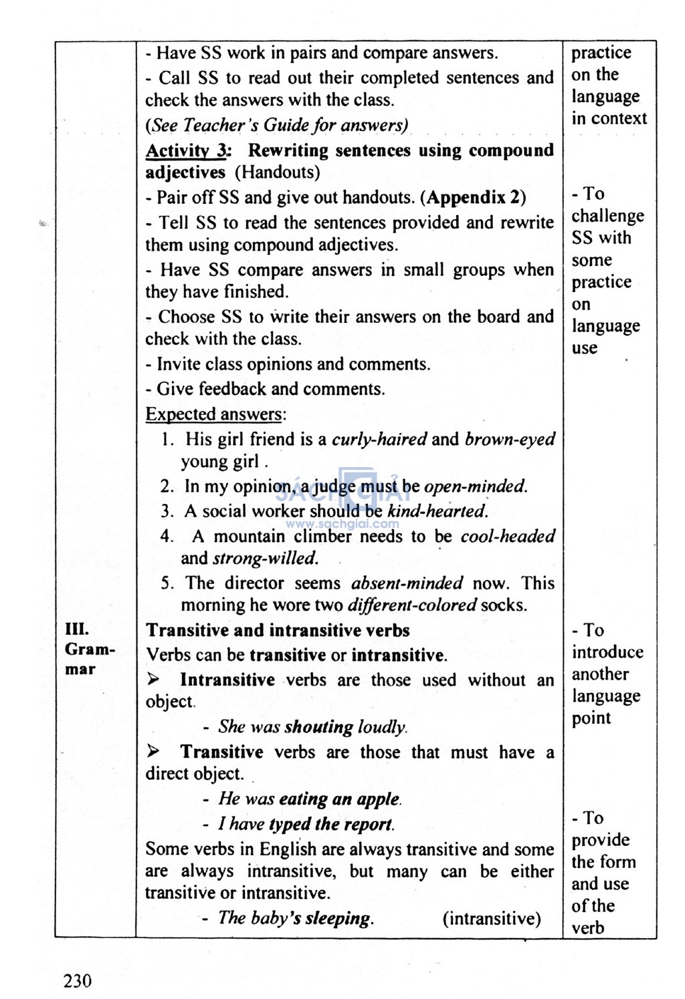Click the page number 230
pyautogui.click(x=78, y=980)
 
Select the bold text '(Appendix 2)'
pyautogui.click(x=476, y=197)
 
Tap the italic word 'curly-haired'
pyautogui.click(x=379, y=439)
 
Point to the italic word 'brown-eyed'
pyautogui.click(x=510, y=439)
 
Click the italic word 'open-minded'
pyautogui.click(x=476, y=486)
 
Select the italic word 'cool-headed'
pyautogui.click(x=508, y=536)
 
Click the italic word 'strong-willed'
pyautogui.click(x=266, y=558)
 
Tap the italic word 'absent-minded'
pyautogui.click(x=407, y=583)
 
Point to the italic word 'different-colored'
pyautogui.click(x=412, y=605)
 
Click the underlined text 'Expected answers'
pyautogui.click(x=214, y=414)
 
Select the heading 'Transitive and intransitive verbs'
pyautogui.click(x=278, y=630)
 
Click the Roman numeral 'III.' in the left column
pyautogui.click(x=77, y=629)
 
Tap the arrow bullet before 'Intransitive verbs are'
pyautogui.click(x=154, y=680)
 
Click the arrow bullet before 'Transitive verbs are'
pyautogui.click(x=154, y=752)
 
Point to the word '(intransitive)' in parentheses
pyautogui.click(x=492, y=919)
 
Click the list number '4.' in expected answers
pyautogui.click(x=167, y=536)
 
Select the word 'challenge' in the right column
pyautogui.click(x=607, y=216)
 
